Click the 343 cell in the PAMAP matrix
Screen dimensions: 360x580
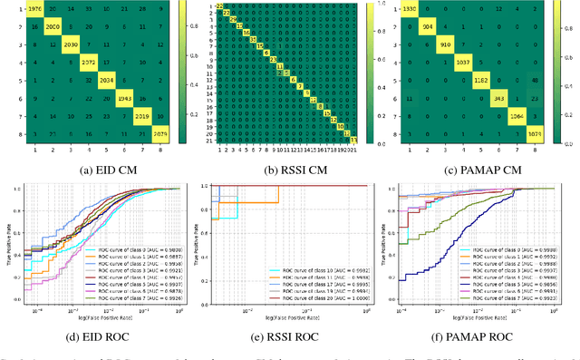pyautogui.click(x=497, y=97)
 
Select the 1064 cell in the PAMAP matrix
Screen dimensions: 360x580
pyautogui.click(x=516, y=116)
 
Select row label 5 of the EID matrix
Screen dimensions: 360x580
pyautogui.click(x=6, y=79)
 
